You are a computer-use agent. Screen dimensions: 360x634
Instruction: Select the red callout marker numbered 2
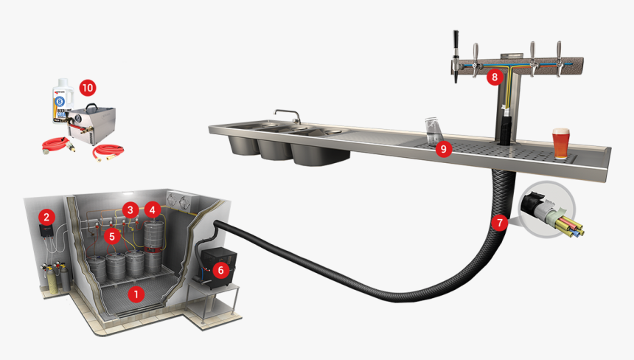46,216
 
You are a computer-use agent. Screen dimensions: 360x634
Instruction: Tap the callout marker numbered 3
130,209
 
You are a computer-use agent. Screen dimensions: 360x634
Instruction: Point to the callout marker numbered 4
152,209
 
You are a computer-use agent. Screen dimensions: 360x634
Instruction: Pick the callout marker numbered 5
111,236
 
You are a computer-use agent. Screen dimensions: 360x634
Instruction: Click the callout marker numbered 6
218,270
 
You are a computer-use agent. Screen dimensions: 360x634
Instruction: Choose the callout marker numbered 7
499,221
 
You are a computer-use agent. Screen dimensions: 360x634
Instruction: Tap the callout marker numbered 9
442,149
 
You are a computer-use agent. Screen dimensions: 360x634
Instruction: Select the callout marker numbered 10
87,87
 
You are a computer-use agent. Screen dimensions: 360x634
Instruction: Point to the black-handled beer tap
456,55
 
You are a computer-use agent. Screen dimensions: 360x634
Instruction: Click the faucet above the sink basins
289,115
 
